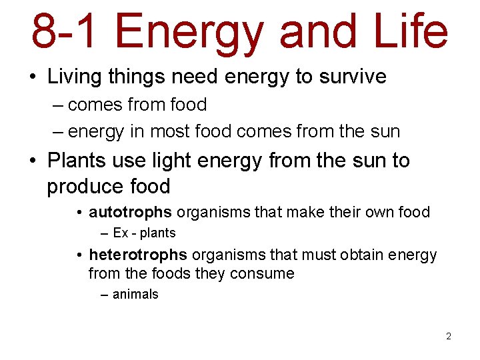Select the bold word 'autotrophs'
click(x=130, y=213)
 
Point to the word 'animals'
click(x=135, y=294)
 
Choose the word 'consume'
click(x=262, y=273)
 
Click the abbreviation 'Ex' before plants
click(x=121, y=233)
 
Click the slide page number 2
click(x=449, y=336)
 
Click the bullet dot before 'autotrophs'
click(x=79, y=213)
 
